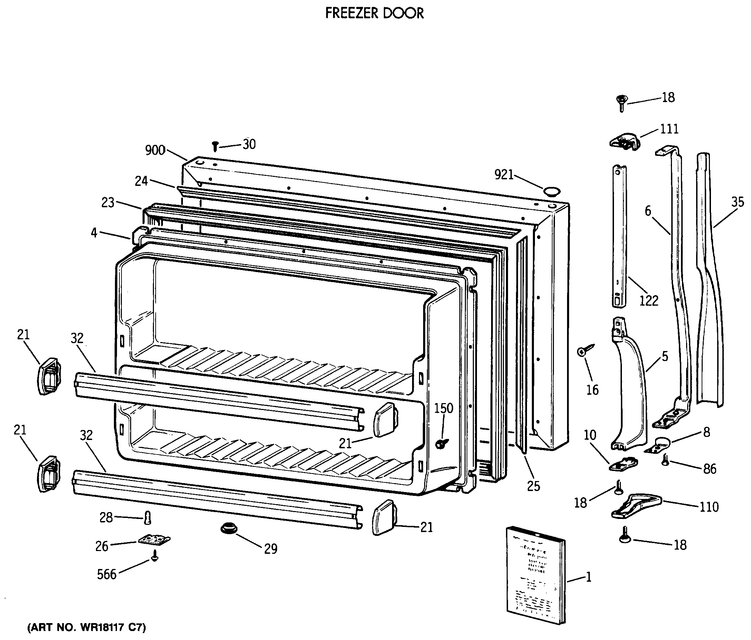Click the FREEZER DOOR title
pos(374,13)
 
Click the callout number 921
pos(504,175)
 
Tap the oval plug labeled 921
pos(552,191)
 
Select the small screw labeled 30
pos(215,146)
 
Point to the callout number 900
pos(155,150)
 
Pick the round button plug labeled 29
pos(229,528)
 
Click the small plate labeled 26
pos(154,540)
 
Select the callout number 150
pos(443,408)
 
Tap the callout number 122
pos(648,301)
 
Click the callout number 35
pos(737,202)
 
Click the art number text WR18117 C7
pos(87,627)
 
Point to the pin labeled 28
pos(147,518)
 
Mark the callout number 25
pos(534,486)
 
